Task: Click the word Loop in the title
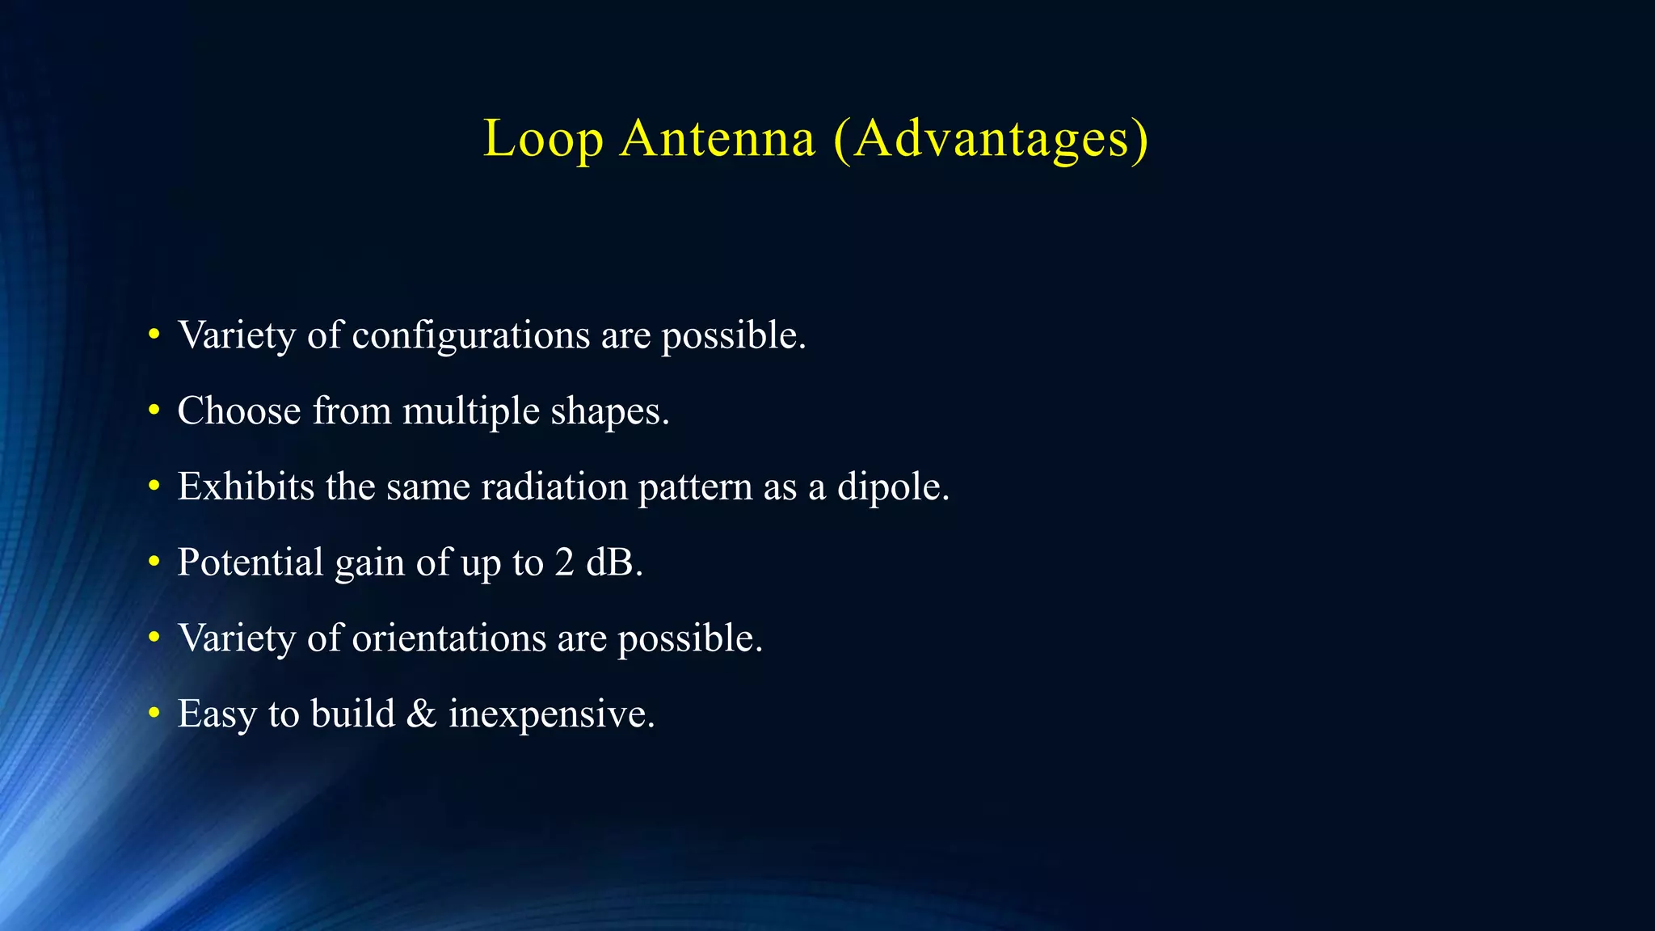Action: click(x=543, y=139)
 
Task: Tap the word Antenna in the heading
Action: click(x=718, y=139)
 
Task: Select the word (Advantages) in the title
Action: click(x=990, y=139)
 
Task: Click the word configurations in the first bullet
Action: click(x=471, y=335)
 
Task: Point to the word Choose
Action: click(x=239, y=411)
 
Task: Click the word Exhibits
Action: click(x=246, y=487)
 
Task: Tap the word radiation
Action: click(x=554, y=487)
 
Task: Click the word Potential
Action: click(x=251, y=562)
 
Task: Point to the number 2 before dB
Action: click(x=564, y=562)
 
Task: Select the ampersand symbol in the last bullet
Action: click(x=421, y=714)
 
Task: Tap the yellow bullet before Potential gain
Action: click(x=154, y=563)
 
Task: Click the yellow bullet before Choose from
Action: click(x=154, y=411)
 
